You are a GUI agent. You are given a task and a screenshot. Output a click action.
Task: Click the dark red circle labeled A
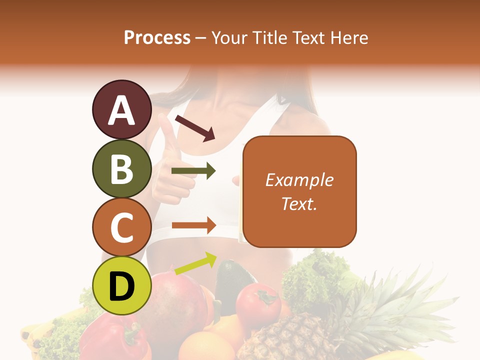(121, 110)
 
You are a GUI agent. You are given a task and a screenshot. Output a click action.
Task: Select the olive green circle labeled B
(121, 168)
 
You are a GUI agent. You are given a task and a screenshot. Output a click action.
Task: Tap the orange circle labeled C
(121, 227)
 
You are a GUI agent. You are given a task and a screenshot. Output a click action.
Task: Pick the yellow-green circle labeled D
(121, 285)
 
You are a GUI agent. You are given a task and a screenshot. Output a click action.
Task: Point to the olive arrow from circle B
(193, 171)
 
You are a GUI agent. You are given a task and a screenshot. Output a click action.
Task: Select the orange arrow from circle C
(193, 225)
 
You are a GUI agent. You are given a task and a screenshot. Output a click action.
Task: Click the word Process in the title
(157, 37)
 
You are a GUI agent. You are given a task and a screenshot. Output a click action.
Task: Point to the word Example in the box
(299, 180)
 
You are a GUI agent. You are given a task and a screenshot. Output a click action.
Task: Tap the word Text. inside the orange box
(299, 203)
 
